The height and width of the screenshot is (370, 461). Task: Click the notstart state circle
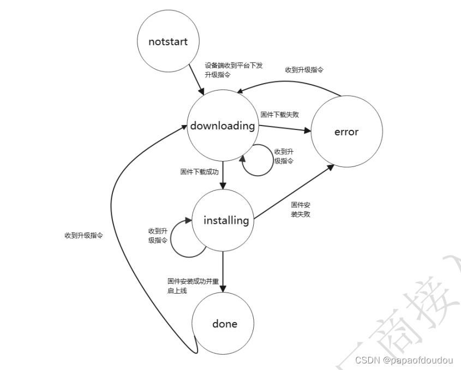pos(167,41)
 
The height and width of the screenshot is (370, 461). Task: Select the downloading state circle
pos(223,126)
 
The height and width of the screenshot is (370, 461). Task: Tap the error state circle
pos(346,132)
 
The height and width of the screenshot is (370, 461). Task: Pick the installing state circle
pos(226,220)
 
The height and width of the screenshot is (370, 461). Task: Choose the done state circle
pos(225,324)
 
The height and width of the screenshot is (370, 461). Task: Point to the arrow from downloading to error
pos(284,129)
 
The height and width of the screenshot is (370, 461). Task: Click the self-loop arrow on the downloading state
pos(258,164)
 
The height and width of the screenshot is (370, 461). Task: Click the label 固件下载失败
pos(279,115)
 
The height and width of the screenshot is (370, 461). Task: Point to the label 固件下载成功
pos(199,171)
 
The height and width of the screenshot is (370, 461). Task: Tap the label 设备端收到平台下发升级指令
pos(234,70)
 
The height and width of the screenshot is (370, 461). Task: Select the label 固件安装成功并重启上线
pos(193,286)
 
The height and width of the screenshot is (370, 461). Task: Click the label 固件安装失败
pos(301,210)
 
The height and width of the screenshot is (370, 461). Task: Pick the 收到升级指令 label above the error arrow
pos(304,70)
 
